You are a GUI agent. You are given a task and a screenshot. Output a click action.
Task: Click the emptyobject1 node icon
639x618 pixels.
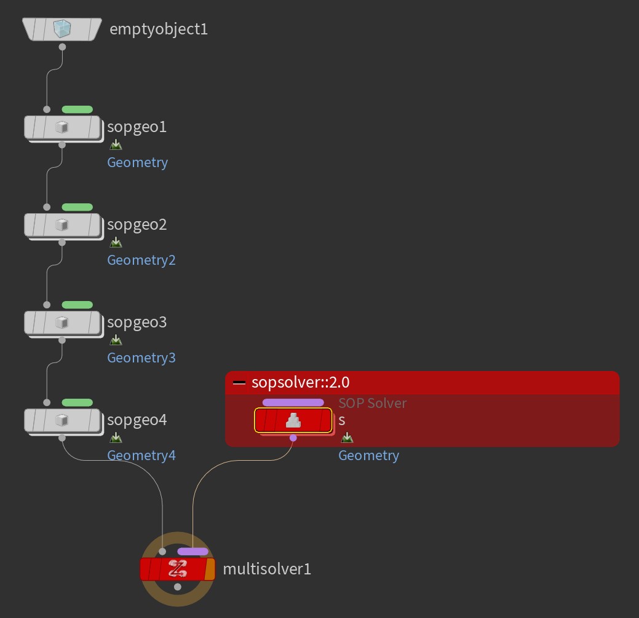point(62,29)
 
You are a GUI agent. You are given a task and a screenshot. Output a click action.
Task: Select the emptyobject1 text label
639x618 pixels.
point(159,29)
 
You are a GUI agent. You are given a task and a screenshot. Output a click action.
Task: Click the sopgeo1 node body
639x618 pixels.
point(62,127)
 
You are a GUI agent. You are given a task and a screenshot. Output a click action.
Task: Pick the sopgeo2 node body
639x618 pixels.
point(62,225)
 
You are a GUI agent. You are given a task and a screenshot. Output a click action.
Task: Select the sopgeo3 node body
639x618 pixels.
point(62,323)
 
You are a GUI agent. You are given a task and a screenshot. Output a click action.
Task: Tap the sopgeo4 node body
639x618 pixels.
point(62,421)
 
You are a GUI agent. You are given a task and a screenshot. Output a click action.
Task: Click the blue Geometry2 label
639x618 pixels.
point(141,260)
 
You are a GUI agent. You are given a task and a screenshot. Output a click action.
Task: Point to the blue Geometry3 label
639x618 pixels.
point(141,358)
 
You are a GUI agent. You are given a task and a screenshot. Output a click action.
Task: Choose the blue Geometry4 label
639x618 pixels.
point(141,455)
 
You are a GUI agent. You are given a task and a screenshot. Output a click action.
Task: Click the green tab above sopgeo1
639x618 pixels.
point(77,109)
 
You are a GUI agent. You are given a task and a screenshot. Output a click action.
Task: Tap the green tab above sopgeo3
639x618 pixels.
point(77,305)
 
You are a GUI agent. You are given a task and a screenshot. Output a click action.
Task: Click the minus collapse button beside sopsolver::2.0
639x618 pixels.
point(239,383)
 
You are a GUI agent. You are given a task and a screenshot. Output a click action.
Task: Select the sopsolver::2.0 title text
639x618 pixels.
point(300,382)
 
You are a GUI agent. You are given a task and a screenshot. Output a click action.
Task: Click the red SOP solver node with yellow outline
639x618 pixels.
point(293,420)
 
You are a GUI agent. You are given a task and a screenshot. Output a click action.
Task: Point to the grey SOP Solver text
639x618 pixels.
point(373,403)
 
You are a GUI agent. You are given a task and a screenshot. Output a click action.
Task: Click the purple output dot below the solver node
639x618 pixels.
point(293,438)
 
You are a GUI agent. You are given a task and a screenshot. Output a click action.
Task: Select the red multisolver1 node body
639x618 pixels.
point(177,569)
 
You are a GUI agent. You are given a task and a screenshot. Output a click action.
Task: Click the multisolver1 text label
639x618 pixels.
point(267,569)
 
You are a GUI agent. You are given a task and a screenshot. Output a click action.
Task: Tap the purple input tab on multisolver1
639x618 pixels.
point(192,552)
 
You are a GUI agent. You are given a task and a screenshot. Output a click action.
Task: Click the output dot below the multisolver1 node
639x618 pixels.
point(177,587)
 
